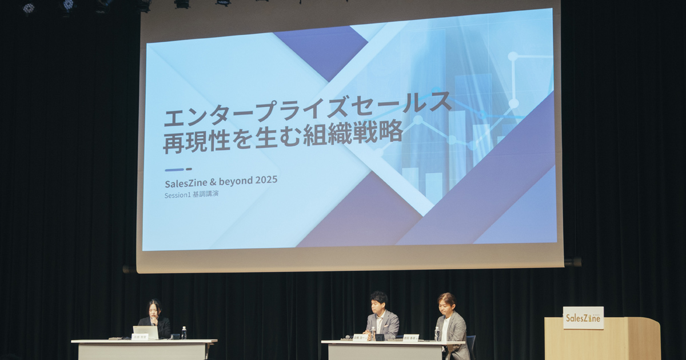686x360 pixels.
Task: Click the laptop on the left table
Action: (x=145, y=332)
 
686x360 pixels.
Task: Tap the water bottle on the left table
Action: (x=184, y=333)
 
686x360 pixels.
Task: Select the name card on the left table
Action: (x=139, y=337)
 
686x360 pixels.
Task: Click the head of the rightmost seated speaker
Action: (x=446, y=302)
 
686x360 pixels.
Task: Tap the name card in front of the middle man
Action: (x=360, y=337)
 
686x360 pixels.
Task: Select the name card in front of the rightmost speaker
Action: (x=410, y=337)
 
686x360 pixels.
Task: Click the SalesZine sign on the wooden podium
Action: (x=583, y=318)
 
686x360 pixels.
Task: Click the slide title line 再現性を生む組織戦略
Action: (x=282, y=137)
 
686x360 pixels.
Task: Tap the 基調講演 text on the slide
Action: (x=205, y=194)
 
